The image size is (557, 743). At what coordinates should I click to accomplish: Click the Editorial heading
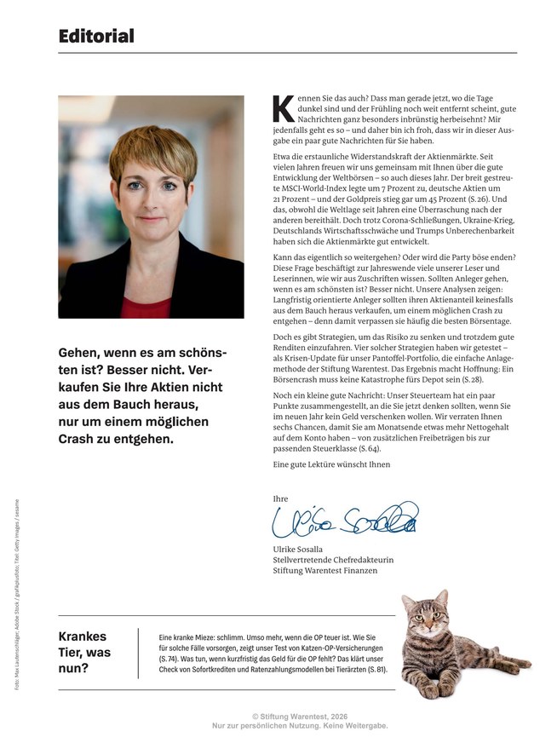[x=96, y=36]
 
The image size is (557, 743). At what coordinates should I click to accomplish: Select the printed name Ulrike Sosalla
[x=304, y=550]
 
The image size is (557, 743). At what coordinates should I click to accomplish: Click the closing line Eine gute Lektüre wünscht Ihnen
[x=331, y=464]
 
